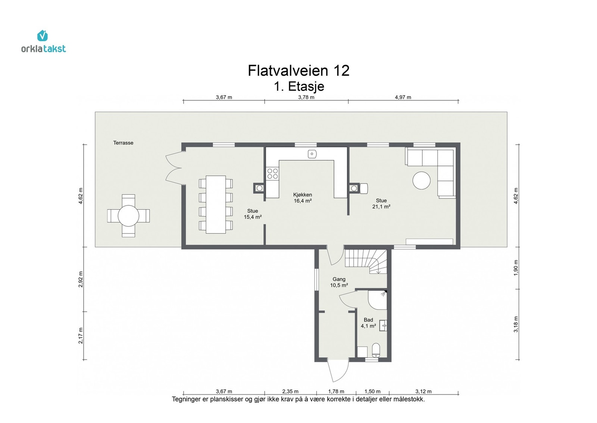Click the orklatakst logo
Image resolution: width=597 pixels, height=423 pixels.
click(43, 42)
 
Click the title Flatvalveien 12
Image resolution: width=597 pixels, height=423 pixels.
click(298, 71)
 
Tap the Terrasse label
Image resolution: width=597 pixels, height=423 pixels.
click(123, 143)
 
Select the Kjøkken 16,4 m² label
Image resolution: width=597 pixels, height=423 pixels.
click(303, 198)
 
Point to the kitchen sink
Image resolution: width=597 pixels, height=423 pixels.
click(312, 154)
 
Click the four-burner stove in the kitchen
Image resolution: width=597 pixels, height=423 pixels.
click(272, 174)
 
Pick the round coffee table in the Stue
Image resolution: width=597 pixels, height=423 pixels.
click(421, 180)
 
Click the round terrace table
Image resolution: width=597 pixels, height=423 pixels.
click(128, 216)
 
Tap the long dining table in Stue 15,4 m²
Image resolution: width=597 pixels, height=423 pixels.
click(216, 204)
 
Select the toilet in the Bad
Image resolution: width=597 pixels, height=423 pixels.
click(376, 351)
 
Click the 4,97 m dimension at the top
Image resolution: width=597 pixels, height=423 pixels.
click(403, 97)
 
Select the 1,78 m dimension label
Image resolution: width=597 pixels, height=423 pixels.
click(336, 391)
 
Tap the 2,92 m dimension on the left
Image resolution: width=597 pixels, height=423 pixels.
click(81, 279)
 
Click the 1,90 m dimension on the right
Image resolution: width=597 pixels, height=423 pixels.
click(516, 268)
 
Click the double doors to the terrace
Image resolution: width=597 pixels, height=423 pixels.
click(174, 168)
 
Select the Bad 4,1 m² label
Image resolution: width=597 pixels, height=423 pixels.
click(368, 323)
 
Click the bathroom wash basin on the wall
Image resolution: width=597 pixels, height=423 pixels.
click(383, 325)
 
